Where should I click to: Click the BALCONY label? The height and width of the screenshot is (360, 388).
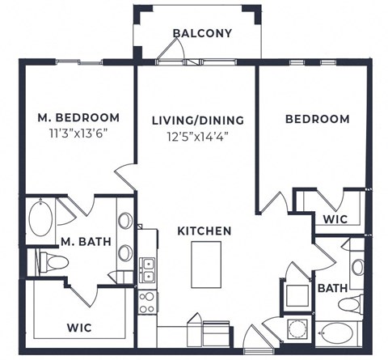(202, 34)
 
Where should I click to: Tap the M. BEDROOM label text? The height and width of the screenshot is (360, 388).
(78, 118)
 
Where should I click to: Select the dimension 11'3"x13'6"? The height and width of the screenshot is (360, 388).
(78, 133)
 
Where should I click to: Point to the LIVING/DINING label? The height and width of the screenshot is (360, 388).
(198, 121)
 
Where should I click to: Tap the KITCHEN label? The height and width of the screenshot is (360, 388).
(205, 231)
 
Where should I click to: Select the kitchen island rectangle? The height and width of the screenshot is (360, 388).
(206, 264)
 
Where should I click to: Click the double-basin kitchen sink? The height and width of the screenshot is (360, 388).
(147, 269)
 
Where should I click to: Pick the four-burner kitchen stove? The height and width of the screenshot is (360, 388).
(147, 302)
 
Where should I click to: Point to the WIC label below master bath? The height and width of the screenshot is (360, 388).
(78, 328)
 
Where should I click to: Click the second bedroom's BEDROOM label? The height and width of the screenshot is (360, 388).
(317, 119)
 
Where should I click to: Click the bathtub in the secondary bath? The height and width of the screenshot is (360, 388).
(339, 332)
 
